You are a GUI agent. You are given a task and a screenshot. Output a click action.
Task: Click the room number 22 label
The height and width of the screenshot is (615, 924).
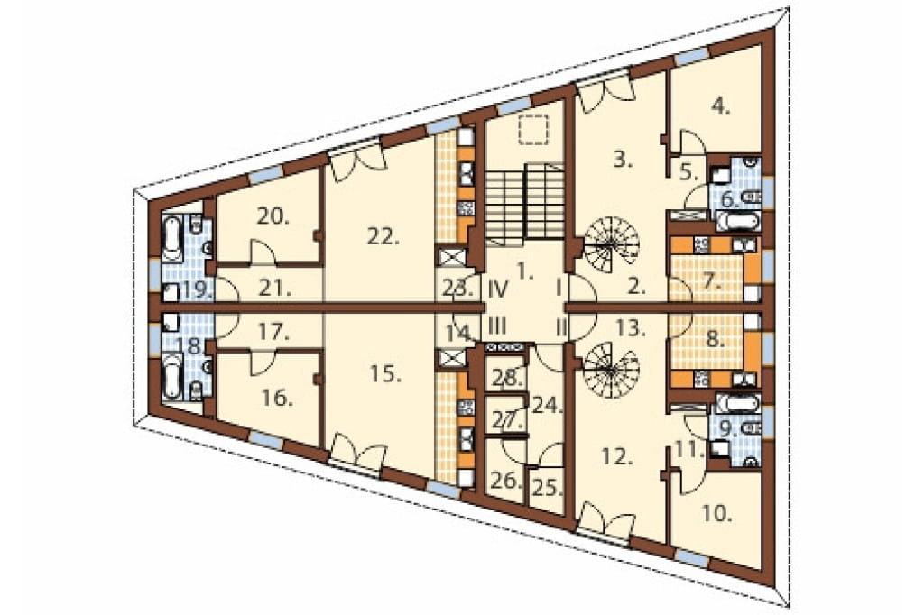tap(383, 237)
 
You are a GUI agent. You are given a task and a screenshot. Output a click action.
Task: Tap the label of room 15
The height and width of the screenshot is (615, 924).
tap(385, 373)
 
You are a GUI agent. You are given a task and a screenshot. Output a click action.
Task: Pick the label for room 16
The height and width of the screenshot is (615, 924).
tap(278, 399)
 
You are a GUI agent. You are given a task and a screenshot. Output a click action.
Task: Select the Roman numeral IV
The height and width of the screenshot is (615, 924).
tap(498, 289)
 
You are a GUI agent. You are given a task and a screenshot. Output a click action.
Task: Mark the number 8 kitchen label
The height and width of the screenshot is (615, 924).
tap(716, 340)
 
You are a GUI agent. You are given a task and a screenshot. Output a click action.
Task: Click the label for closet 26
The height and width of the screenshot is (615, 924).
tap(506, 482)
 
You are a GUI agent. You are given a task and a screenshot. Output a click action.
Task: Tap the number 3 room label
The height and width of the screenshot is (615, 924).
tap(623, 159)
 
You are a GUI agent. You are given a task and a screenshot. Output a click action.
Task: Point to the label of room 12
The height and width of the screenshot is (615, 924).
tap(616, 456)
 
